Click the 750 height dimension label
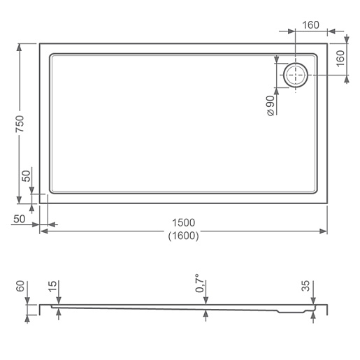click(x=20, y=124)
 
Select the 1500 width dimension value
click(x=183, y=223)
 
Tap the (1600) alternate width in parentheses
click(x=183, y=236)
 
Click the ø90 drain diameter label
click(x=271, y=106)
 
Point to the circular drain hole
click(x=296, y=75)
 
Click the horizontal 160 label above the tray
click(x=310, y=25)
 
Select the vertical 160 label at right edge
click(x=340, y=58)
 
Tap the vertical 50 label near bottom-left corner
click(x=27, y=176)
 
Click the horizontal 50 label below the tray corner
click(x=20, y=219)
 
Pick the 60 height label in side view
click(x=20, y=286)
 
